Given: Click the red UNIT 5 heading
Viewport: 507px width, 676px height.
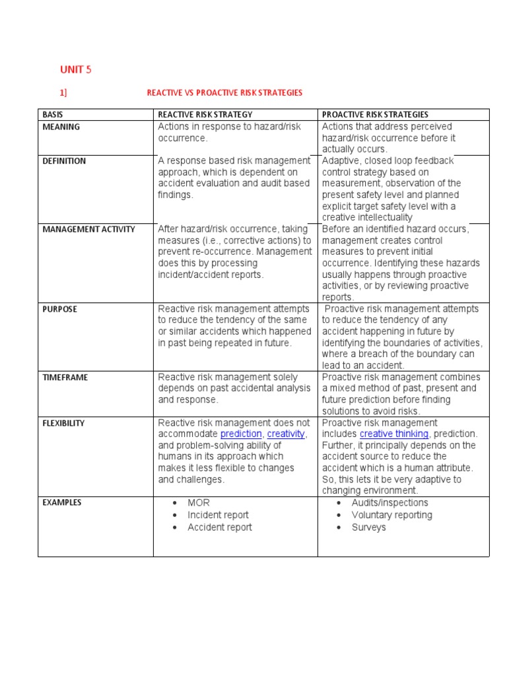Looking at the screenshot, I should pyautogui.click(x=77, y=69).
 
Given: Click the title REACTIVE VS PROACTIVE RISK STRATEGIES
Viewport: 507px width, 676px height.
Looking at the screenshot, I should pyautogui.click(x=224, y=93).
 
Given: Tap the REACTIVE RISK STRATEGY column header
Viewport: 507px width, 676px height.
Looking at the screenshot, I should pyautogui.click(x=205, y=115).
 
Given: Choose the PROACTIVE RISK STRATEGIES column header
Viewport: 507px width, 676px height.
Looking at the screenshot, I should pyautogui.click(x=375, y=115).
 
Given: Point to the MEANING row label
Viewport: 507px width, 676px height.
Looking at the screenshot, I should pyautogui.click(x=61, y=127).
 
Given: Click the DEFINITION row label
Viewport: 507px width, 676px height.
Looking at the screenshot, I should pyautogui.click(x=64, y=161).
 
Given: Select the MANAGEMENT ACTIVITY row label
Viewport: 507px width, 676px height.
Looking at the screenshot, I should pyautogui.click(x=88, y=230).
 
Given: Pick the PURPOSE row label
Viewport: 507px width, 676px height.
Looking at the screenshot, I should pyautogui.click(x=60, y=309).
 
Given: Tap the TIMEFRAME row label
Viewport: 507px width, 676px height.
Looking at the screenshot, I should pyautogui.click(x=65, y=378).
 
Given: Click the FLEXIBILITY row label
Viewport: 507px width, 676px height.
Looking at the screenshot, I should pyautogui.click(x=63, y=423).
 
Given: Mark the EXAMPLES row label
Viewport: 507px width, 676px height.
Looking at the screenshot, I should pyautogui.click(x=62, y=502).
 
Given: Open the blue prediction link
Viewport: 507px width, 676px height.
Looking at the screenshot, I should pyautogui.click(x=241, y=434).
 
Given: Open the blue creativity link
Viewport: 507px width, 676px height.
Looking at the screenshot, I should pyautogui.click(x=286, y=434).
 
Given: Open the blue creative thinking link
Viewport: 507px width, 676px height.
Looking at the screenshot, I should pyautogui.click(x=394, y=434).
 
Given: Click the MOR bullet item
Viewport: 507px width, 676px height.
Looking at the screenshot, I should pyautogui.click(x=198, y=503).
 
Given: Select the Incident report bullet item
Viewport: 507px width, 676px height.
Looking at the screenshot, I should pyautogui.click(x=218, y=515).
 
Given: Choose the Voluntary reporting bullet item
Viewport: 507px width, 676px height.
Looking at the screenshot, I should pyautogui.click(x=391, y=515).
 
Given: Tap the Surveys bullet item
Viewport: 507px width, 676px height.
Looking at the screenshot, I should pyautogui.click(x=368, y=527).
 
